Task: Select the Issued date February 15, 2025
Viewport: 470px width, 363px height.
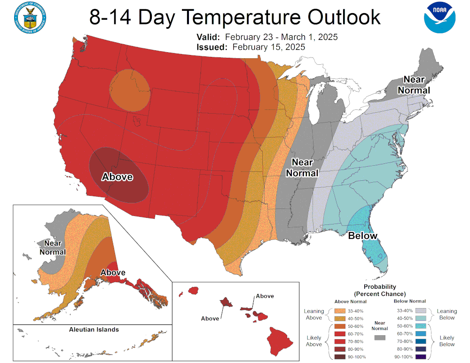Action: (x=268, y=47)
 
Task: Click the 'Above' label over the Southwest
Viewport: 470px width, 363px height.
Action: (x=117, y=177)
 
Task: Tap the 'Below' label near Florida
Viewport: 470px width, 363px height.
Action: (x=362, y=236)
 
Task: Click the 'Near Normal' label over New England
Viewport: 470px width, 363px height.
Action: (x=414, y=85)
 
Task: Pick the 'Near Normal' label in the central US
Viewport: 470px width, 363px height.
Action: (x=302, y=168)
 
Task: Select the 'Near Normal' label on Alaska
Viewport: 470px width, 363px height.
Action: (x=53, y=247)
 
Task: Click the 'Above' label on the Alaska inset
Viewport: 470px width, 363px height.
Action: (x=113, y=272)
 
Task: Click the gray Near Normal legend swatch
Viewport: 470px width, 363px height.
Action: (x=380, y=338)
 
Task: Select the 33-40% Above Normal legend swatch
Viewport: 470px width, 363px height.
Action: (x=341, y=310)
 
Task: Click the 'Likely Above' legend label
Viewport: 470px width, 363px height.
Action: (x=314, y=341)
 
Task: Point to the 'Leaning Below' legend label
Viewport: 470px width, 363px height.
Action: (x=447, y=314)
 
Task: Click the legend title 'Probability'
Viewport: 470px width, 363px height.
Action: (x=380, y=286)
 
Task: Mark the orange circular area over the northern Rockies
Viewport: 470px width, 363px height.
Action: (x=130, y=89)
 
